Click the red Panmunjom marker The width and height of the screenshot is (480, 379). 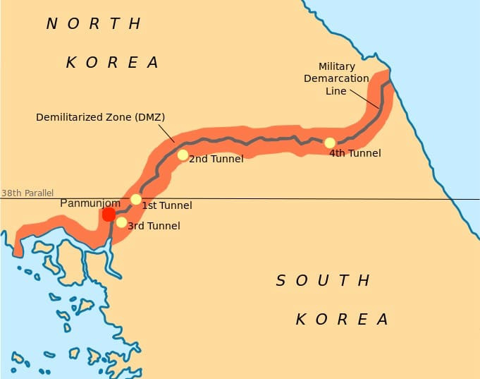(108, 214)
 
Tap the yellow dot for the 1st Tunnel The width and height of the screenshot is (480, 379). (136, 199)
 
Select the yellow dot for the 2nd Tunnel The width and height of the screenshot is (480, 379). (183, 155)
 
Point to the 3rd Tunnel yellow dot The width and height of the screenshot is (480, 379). (121, 222)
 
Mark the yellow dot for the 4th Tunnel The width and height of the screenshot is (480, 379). (330, 143)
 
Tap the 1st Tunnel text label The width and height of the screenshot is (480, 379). (167, 205)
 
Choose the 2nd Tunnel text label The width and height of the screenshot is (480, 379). (216, 159)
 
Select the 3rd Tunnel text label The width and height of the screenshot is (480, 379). (154, 226)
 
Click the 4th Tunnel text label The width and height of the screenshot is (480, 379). (355, 152)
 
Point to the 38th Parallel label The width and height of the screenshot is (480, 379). (27, 193)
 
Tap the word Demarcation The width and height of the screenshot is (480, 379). (337, 78)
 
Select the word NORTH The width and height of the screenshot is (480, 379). (94, 24)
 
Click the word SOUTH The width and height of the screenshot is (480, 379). (323, 281)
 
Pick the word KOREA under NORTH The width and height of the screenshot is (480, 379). (113, 62)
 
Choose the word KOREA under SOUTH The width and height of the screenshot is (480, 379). (342, 319)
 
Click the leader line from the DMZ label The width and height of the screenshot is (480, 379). (167, 133)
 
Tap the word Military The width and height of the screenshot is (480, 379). (337, 66)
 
